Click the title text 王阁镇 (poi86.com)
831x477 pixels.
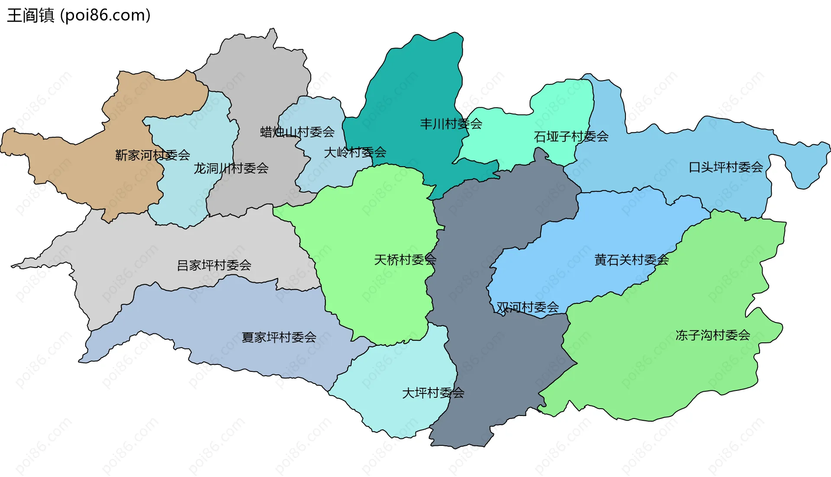coord(79,15)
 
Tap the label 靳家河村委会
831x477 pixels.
coord(152,155)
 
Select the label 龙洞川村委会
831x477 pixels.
coord(231,168)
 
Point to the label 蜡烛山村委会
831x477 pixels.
coord(297,132)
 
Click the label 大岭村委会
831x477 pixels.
coord(355,152)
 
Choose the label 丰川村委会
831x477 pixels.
coord(451,124)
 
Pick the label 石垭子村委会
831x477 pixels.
coord(571,137)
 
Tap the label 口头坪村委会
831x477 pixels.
coord(725,167)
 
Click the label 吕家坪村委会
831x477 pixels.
coord(214,265)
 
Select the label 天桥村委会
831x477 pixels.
coord(405,260)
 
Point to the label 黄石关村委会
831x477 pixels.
coord(631,260)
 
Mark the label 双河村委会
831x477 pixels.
coord(527,307)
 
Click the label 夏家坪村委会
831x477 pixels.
coord(279,337)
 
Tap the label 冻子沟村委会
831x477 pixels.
coord(712,335)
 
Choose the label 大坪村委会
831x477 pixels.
coord(433,393)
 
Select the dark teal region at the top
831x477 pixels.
coord(415,87)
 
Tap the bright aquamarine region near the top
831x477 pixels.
coord(558,108)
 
